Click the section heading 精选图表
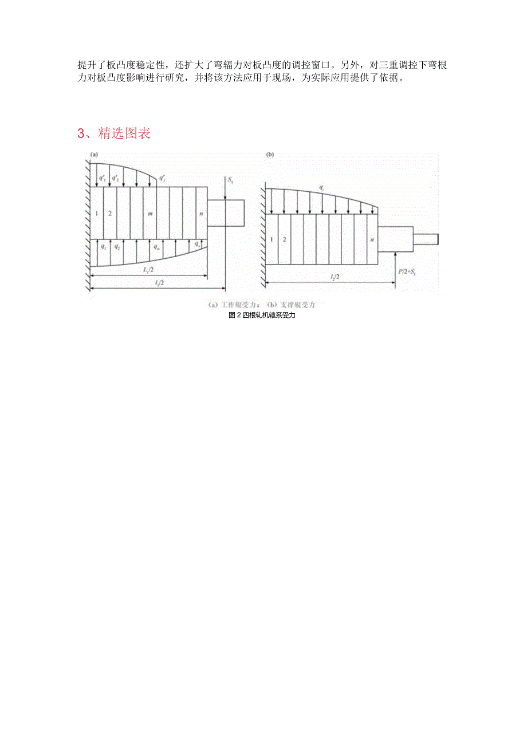coord(114,134)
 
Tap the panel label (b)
coord(270,155)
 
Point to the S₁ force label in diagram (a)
coord(230,180)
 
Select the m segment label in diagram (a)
coord(150,213)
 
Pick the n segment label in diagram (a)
coord(201,213)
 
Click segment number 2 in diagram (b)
coord(285,239)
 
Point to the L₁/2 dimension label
coord(148,269)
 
